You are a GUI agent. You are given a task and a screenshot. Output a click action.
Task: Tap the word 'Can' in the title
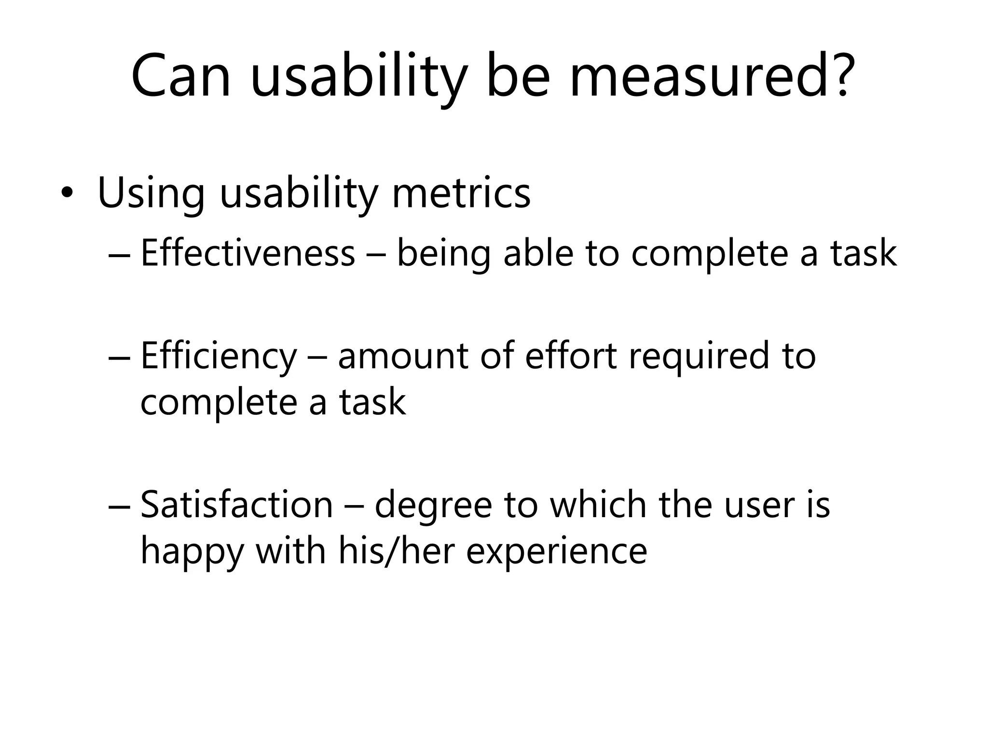click(x=181, y=77)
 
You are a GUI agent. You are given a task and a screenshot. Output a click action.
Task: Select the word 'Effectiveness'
click(x=247, y=253)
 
